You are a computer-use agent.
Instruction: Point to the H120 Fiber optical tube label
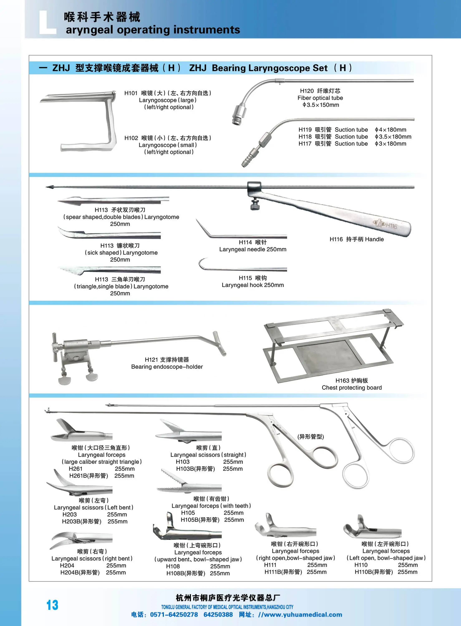pyautogui.click(x=320, y=98)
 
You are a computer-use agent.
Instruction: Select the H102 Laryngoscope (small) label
pyautogui.click(x=168, y=145)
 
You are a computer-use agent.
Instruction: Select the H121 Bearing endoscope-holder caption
pyautogui.click(x=167, y=363)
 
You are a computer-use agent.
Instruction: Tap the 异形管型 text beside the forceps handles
pyautogui.click(x=311, y=437)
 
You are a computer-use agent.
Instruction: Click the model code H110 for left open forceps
pyautogui.click(x=361, y=565)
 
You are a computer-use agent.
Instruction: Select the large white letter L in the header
pyautogui.click(x=47, y=22)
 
